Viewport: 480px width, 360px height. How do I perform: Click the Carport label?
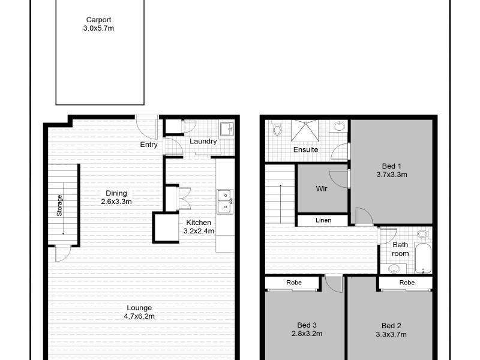click(x=98, y=19)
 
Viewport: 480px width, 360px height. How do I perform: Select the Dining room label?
click(x=116, y=193)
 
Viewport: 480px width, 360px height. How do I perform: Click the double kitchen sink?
click(x=225, y=200)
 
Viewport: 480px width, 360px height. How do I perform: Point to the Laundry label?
click(x=203, y=142)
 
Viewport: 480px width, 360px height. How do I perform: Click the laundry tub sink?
click(x=227, y=128)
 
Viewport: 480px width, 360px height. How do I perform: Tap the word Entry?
click(x=149, y=145)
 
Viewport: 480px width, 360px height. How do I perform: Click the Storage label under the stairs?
click(x=60, y=205)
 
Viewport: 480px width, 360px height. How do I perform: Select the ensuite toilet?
click(x=277, y=128)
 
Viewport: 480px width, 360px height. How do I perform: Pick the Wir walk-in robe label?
click(x=322, y=188)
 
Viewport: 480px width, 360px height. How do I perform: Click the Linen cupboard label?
click(x=323, y=220)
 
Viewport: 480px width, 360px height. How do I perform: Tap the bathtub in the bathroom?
click(x=424, y=259)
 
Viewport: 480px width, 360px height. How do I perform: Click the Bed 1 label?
click(x=391, y=166)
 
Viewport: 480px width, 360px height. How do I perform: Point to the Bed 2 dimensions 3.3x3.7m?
click(x=391, y=334)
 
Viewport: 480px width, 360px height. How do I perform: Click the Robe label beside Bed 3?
click(x=294, y=282)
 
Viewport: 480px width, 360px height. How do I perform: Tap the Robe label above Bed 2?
click(x=407, y=282)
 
